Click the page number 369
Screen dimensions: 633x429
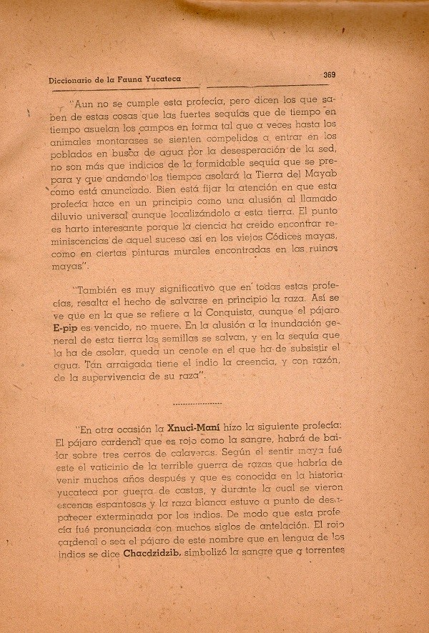click(x=329, y=74)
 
